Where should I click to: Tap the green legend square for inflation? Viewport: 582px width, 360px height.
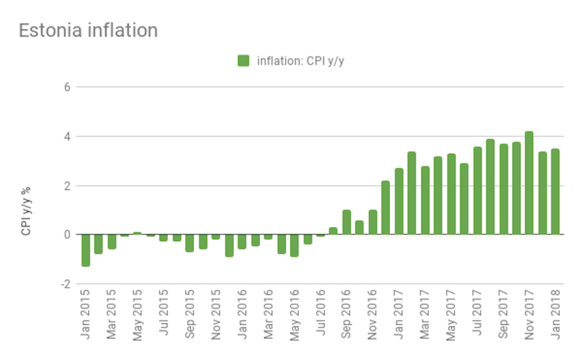tap(243, 61)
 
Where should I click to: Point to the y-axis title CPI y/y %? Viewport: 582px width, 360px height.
tap(27, 211)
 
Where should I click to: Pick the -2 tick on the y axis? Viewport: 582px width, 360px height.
tap(64, 284)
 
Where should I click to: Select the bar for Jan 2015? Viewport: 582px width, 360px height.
tap(85, 250)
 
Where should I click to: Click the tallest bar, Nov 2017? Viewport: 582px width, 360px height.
tap(529, 183)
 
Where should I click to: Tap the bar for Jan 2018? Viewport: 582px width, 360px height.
tap(555, 192)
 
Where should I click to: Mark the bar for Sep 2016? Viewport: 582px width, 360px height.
tap(347, 222)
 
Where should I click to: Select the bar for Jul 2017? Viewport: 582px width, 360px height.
tap(477, 191)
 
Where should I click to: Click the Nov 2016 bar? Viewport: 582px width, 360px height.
tap(372, 222)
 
